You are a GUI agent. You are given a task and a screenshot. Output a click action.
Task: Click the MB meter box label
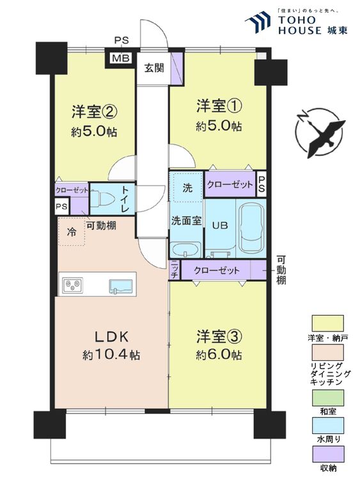(121, 58)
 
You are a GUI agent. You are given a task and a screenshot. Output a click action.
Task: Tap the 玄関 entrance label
(154, 68)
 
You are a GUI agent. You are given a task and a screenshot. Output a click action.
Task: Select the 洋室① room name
(219, 106)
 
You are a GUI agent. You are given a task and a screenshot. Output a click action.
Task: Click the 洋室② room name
(95, 112)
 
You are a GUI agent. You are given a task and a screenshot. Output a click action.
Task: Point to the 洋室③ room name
(219, 336)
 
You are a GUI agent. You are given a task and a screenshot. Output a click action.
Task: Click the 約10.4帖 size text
(111, 355)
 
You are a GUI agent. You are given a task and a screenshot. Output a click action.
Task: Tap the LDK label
(111, 337)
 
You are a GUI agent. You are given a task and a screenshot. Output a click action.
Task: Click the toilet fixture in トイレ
(102, 198)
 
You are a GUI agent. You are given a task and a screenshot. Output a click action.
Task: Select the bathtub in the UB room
(251, 228)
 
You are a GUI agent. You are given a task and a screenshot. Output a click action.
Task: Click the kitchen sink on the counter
(121, 287)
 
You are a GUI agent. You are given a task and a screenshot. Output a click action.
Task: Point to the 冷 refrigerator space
(72, 232)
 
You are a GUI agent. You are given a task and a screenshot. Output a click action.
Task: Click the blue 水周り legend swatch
(327, 426)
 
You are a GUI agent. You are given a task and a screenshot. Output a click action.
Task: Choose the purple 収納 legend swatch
(327, 454)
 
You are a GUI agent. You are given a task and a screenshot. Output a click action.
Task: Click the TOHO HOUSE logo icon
(258, 22)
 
